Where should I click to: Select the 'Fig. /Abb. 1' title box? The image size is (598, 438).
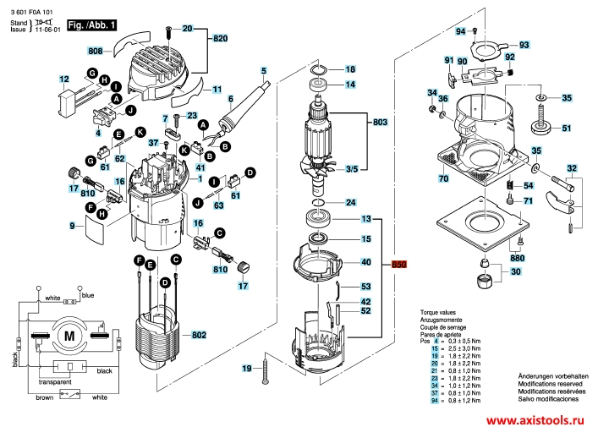(x=91, y=26)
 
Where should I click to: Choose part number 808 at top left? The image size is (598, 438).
(x=95, y=52)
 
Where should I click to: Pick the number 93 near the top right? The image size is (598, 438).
(x=524, y=44)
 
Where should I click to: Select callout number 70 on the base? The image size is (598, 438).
(x=442, y=179)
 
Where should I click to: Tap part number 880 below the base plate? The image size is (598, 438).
(x=517, y=258)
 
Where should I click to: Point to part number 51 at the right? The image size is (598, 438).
(x=567, y=129)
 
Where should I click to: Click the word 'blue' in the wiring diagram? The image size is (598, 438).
(x=88, y=295)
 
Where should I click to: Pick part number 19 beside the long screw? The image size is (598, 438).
(x=247, y=368)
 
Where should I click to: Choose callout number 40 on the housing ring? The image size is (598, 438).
(x=366, y=262)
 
